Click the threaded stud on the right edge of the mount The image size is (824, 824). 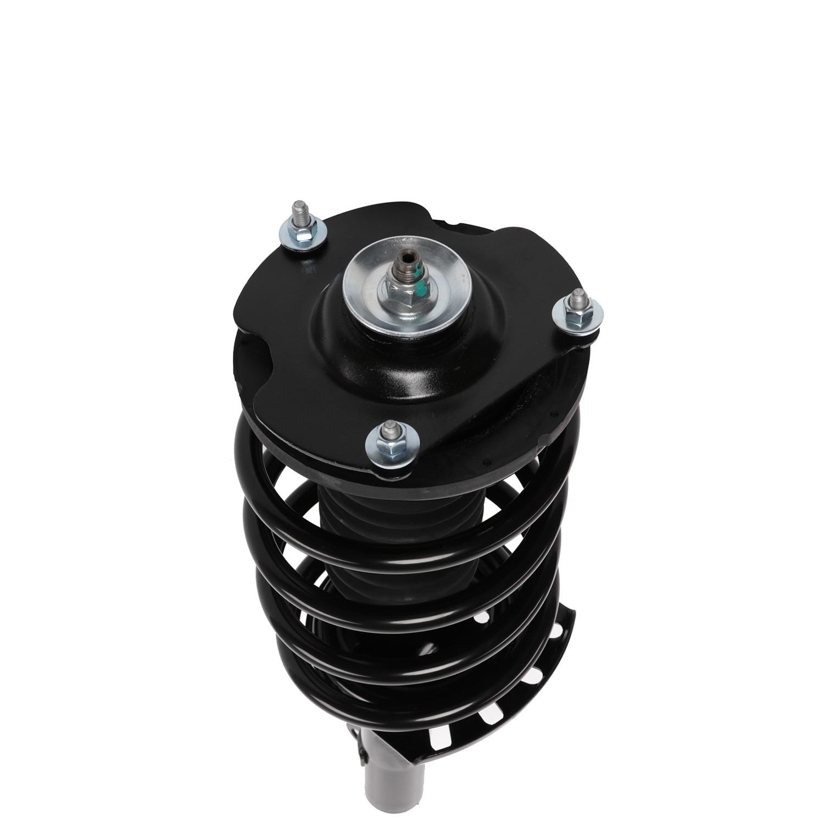point(577,300)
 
